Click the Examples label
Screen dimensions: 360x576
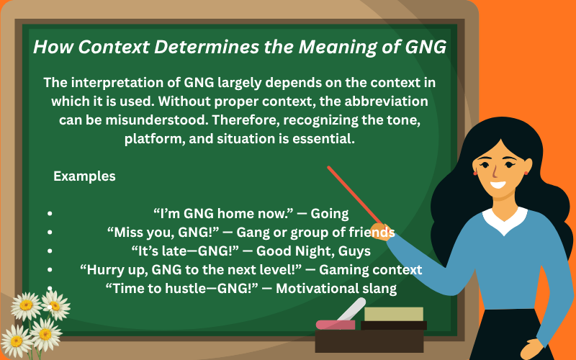pos(84,176)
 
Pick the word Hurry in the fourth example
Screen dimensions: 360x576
pos(102,270)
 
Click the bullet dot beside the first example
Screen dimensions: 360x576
pos(49,215)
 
